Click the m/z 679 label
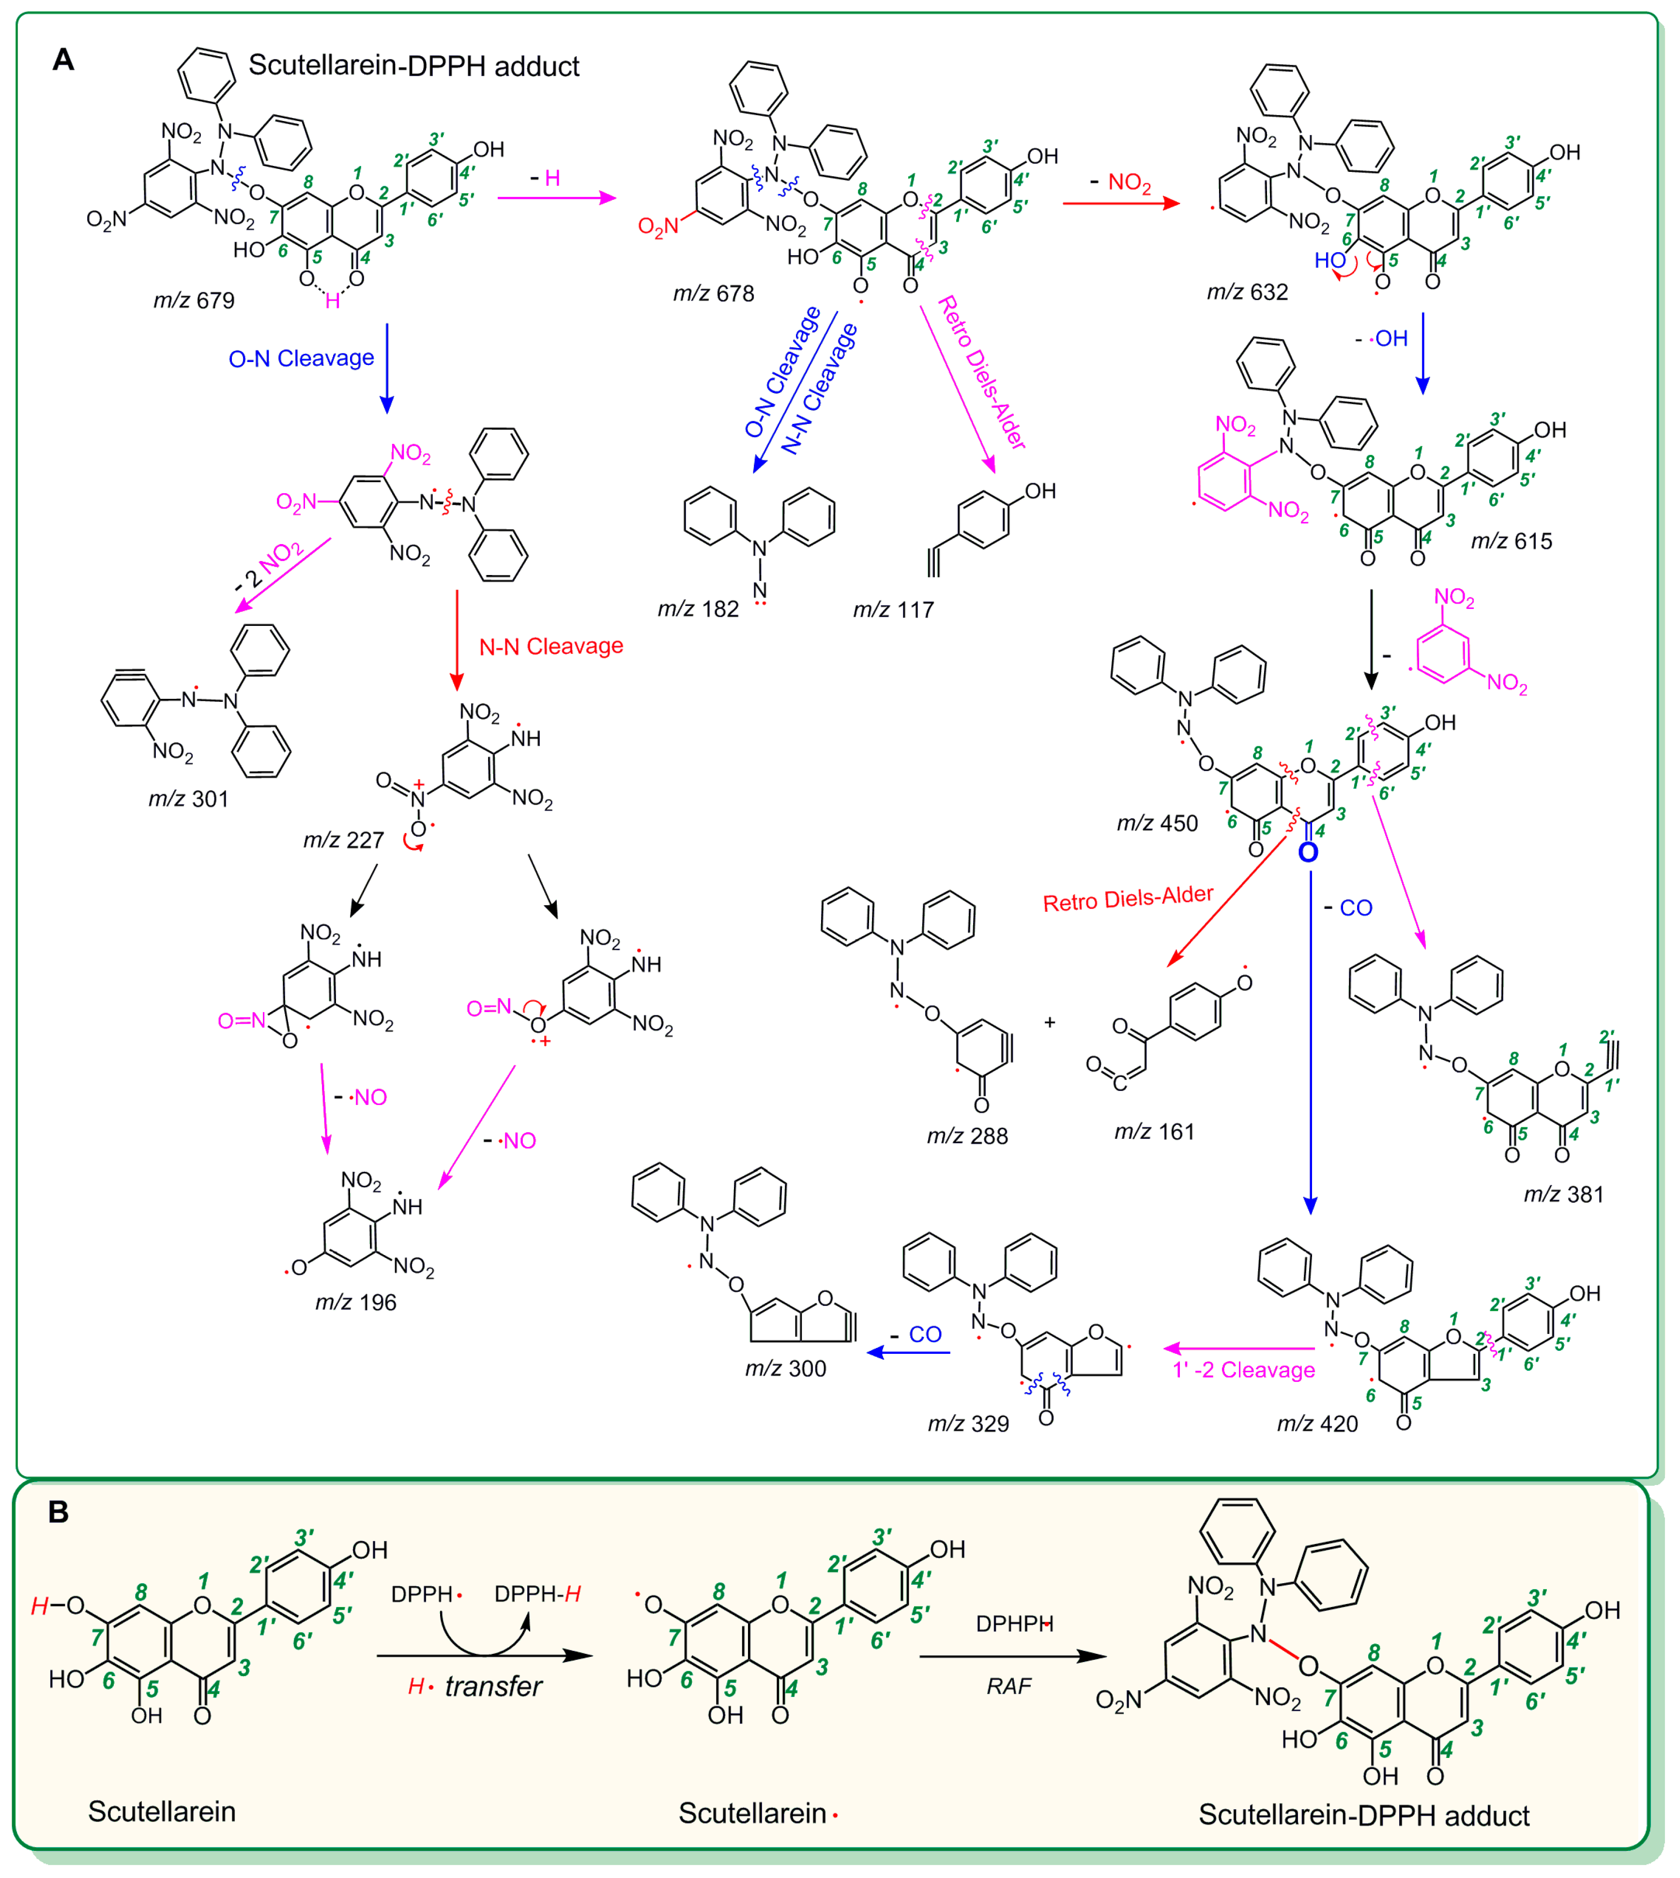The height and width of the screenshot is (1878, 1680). (194, 301)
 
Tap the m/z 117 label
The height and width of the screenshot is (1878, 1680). (894, 610)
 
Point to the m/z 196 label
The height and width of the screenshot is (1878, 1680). (355, 1302)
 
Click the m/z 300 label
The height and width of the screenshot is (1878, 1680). (786, 1369)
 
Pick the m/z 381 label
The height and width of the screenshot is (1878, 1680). (1564, 1194)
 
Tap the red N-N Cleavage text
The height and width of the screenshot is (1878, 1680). (551, 646)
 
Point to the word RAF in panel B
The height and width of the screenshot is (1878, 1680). (1009, 1686)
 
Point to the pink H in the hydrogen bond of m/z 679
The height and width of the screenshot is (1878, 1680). (332, 302)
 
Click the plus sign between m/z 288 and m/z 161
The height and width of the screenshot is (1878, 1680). (1050, 1023)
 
